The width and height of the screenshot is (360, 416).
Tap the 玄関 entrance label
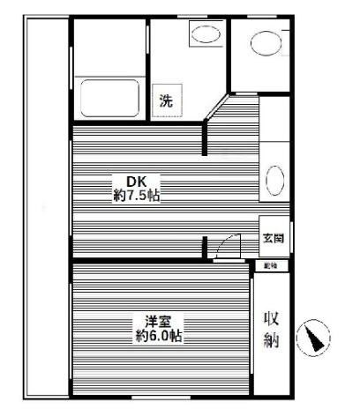[272, 238]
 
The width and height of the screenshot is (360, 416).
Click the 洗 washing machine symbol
[166, 100]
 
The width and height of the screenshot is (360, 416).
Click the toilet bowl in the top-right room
[264, 42]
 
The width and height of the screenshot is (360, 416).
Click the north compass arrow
[313, 338]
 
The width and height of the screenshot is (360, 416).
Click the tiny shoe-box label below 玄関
[268, 264]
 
